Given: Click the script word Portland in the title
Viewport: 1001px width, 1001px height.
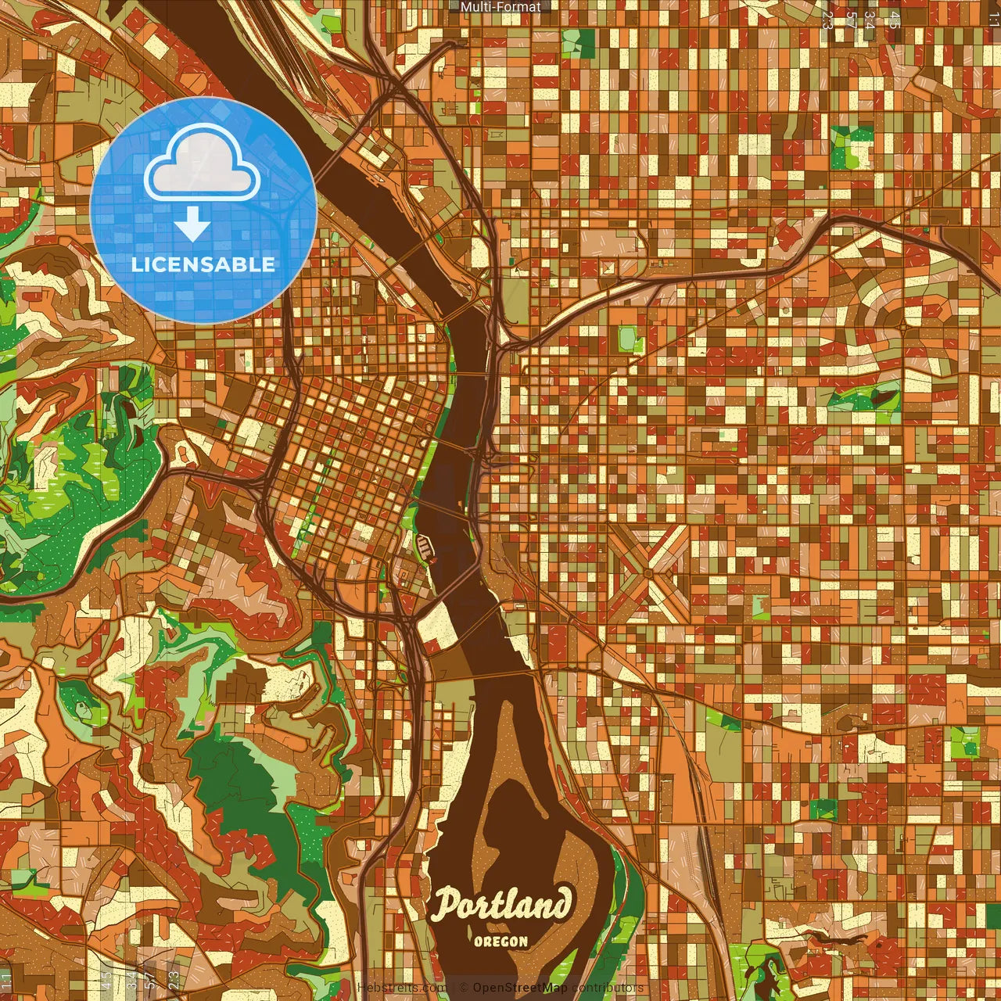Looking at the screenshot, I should point(501,905).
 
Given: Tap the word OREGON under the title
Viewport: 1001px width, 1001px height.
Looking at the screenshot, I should point(500,942).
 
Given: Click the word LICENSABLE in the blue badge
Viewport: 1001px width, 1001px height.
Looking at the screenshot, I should point(203,264).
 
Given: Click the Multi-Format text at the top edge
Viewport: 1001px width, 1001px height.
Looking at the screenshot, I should point(500,7).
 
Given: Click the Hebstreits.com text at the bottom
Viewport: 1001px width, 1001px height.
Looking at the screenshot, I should point(401,988).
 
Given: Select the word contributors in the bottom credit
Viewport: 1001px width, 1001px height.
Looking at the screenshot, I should point(607,988).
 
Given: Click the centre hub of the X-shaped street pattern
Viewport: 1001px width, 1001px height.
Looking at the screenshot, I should point(648,573).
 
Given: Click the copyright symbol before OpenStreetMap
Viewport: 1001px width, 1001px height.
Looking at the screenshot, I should point(463,988).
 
